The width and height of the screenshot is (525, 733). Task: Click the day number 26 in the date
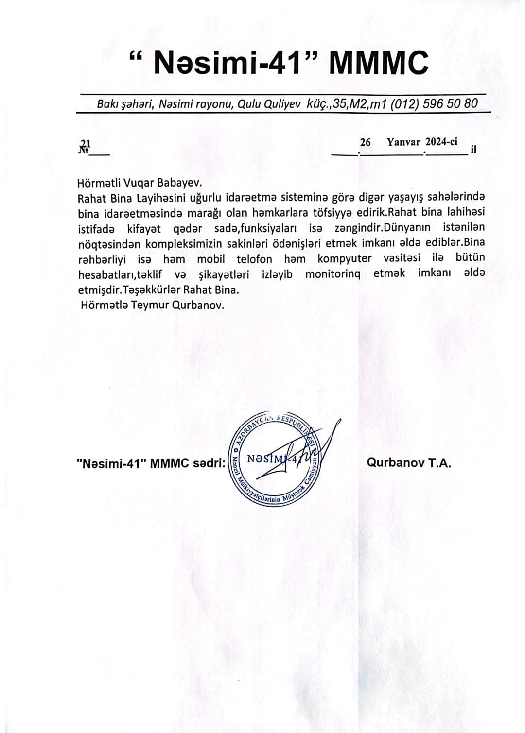tap(365, 142)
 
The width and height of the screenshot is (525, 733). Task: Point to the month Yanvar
tap(403, 142)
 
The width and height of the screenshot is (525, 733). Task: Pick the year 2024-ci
tap(441, 142)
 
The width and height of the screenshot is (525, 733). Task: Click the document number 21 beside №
tap(86, 143)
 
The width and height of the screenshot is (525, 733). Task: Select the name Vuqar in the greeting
tap(140, 183)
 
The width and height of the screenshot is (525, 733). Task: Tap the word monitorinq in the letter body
tap(332, 274)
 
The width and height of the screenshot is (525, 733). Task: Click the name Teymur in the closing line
tap(144, 306)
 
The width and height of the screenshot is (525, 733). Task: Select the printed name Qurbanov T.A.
tap(409, 463)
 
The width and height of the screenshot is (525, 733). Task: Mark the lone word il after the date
tap(474, 149)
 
